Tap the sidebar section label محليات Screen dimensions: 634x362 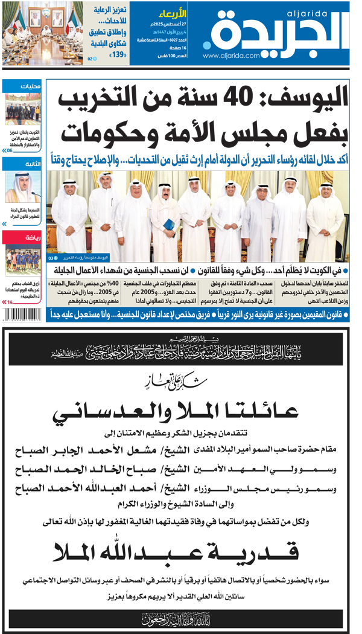pyautogui.click(x=30, y=86)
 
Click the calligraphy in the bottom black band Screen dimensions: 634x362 pyautogui.click(x=179, y=618)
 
